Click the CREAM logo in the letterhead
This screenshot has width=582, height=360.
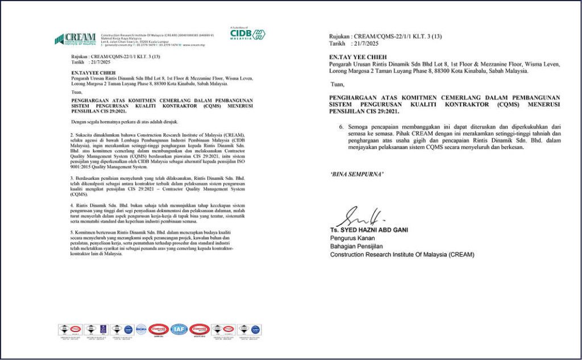[x=75, y=39]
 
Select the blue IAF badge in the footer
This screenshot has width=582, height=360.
[x=179, y=329]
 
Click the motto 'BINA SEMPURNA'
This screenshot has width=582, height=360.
[x=356, y=173]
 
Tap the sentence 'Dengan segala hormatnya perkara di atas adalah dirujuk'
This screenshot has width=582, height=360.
[x=125, y=122]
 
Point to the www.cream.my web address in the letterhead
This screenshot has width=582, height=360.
[x=193, y=44]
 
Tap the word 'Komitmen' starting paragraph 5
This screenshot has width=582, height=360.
[x=88, y=231]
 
